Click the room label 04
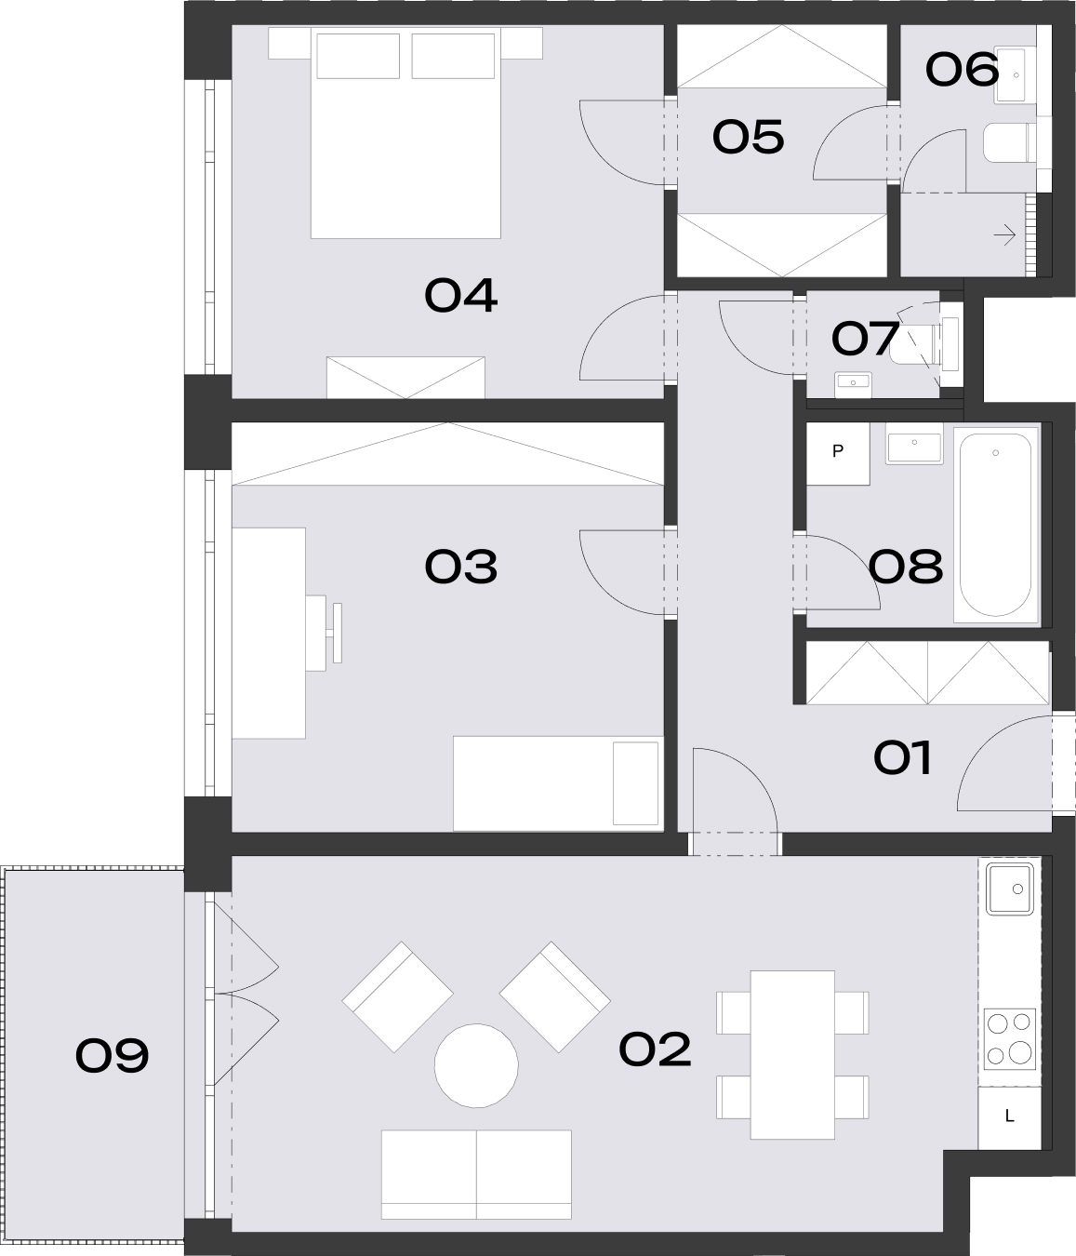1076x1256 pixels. click(x=460, y=296)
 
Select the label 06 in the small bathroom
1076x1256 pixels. click(x=962, y=69)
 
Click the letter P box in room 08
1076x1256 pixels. click(x=838, y=453)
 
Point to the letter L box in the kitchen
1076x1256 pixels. click(x=1009, y=1116)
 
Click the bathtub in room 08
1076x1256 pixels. click(x=996, y=525)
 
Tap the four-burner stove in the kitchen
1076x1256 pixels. click(x=1010, y=1039)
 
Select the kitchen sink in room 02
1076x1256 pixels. click(x=1010, y=889)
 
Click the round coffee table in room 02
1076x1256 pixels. click(x=476, y=1065)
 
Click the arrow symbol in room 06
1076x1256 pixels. click(x=1005, y=234)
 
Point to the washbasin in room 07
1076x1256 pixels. click(x=853, y=384)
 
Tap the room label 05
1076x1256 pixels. click(x=748, y=137)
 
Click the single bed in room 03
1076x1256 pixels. click(x=558, y=783)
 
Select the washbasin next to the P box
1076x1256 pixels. click(x=914, y=445)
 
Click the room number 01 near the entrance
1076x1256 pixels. click(x=902, y=757)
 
